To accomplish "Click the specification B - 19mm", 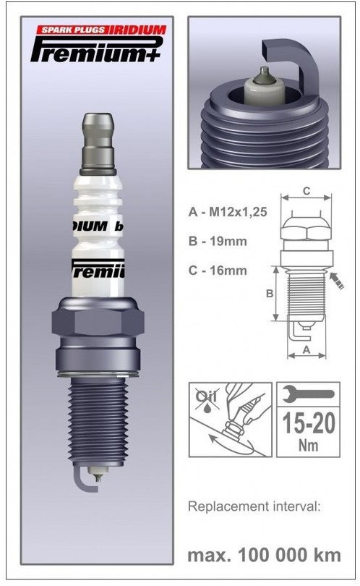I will tap(217, 242).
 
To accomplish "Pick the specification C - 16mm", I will tap(217, 271).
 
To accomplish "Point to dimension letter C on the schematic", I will tap(307, 191).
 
